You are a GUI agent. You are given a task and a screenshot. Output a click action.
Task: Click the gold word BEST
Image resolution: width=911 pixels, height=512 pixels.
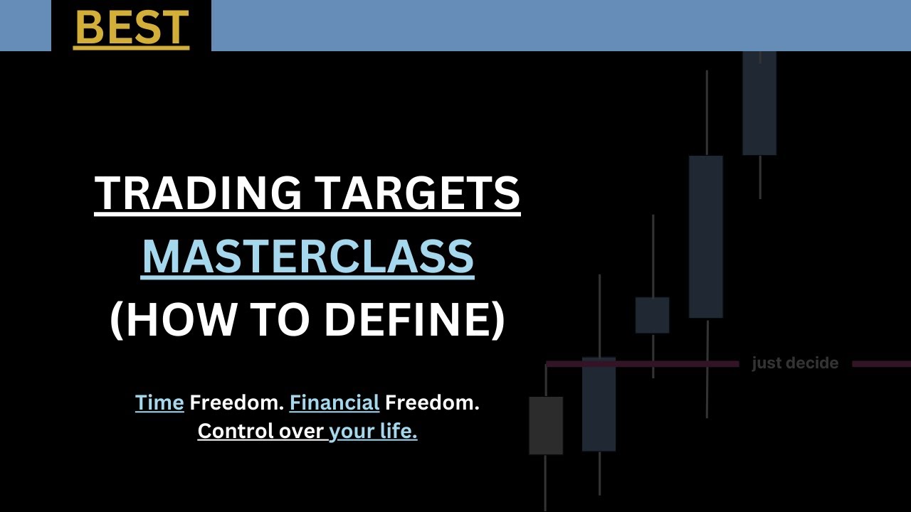point(131,27)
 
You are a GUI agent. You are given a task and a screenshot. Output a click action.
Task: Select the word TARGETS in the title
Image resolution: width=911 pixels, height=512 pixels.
point(417,193)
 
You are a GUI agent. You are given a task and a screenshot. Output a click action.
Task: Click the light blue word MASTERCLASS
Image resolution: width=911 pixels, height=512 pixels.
point(307,257)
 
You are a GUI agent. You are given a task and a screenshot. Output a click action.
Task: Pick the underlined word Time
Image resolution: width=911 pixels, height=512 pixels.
point(159,403)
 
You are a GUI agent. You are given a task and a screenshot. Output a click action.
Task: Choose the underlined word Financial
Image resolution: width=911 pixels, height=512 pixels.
point(334,403)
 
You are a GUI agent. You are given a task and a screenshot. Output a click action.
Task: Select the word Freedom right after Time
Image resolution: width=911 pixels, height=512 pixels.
point(236,403)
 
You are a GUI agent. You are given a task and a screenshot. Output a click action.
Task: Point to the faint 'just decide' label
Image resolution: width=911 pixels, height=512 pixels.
point(795,363)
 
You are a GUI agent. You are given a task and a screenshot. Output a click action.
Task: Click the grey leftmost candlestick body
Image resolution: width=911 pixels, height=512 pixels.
point(546,425)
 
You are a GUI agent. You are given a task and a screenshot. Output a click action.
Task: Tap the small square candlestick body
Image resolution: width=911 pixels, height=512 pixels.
point(652,315)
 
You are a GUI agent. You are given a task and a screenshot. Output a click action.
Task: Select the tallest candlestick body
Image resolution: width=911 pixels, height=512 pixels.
point(706,236)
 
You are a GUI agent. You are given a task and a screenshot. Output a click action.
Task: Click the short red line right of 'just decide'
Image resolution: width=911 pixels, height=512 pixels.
point(881,364)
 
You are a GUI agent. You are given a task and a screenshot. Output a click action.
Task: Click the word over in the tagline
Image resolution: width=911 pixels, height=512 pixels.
point(300,431)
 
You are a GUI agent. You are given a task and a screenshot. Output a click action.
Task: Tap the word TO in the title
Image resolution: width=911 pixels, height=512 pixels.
point(274,320)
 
